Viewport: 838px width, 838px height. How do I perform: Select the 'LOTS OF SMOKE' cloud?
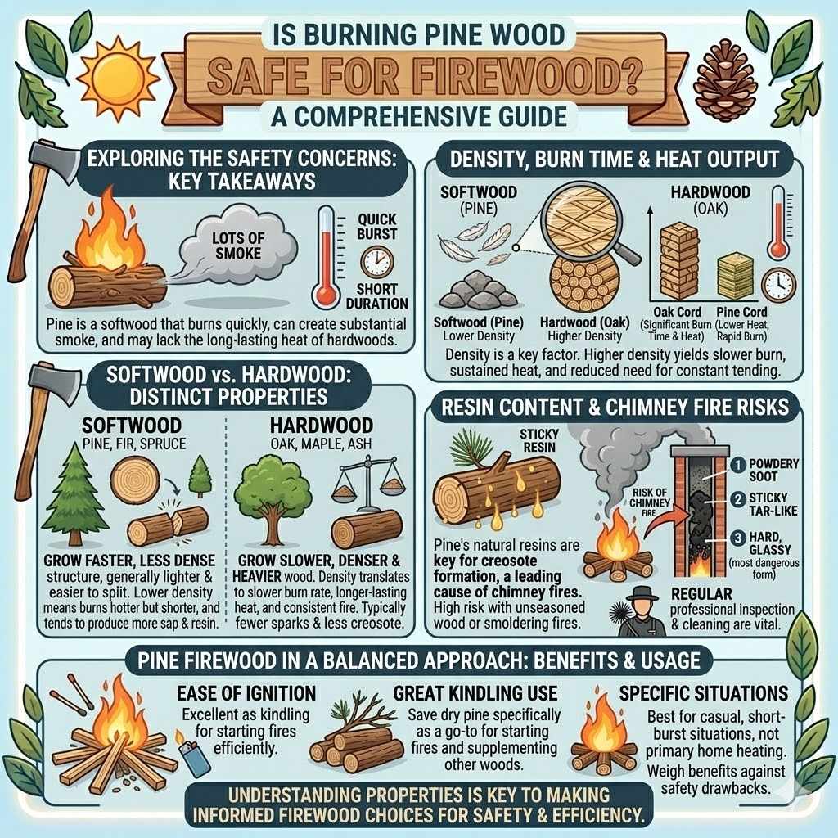click(237, 243)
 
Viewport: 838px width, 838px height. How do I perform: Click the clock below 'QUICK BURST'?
click(377, 261)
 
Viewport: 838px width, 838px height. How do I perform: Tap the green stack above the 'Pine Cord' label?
click(734, 276)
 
